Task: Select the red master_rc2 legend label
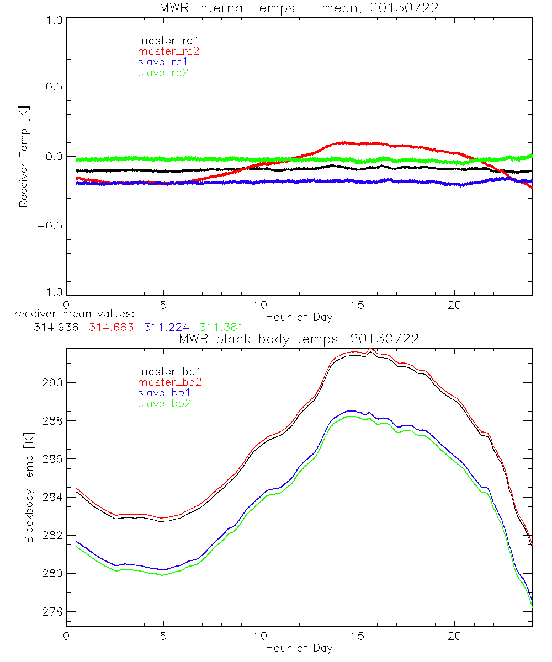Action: (168, 51)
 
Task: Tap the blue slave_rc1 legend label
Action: (163, 61)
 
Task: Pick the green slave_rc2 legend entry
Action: (163, 72)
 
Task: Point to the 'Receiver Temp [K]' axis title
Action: (23, 158)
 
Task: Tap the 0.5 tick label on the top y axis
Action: (53, 87)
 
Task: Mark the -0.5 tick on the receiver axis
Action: (50, 226)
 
